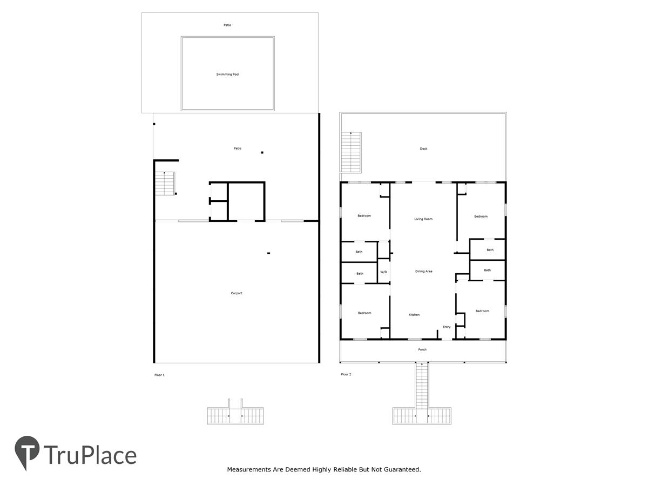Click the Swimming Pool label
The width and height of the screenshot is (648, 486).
[x=227, y=75]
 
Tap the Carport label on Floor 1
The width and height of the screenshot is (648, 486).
[x=236, y=293]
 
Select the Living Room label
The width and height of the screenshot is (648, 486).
[x=423, y=219]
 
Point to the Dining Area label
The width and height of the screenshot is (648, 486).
[x=423, y=271]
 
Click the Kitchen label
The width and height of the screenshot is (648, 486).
[x=414, y=315]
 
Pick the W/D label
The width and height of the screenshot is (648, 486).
[x=383, y=272]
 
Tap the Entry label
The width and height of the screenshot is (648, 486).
[x=447, y=327]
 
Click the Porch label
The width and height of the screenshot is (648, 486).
[x=422, y=349]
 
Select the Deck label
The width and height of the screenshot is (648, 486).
[x=423, y=148]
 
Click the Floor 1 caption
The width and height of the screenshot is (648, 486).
[x=159, y=375]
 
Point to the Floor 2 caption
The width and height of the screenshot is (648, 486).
[x=346, y=374]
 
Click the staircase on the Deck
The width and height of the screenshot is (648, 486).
[x=350, y=152]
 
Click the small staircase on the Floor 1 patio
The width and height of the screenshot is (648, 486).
[x=165, y=183]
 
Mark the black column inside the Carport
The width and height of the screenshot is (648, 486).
[x=268, y=253]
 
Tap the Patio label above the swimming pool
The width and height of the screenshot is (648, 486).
[x=227, y=25]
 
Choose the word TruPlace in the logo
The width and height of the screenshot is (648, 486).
[x=90, y=455]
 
